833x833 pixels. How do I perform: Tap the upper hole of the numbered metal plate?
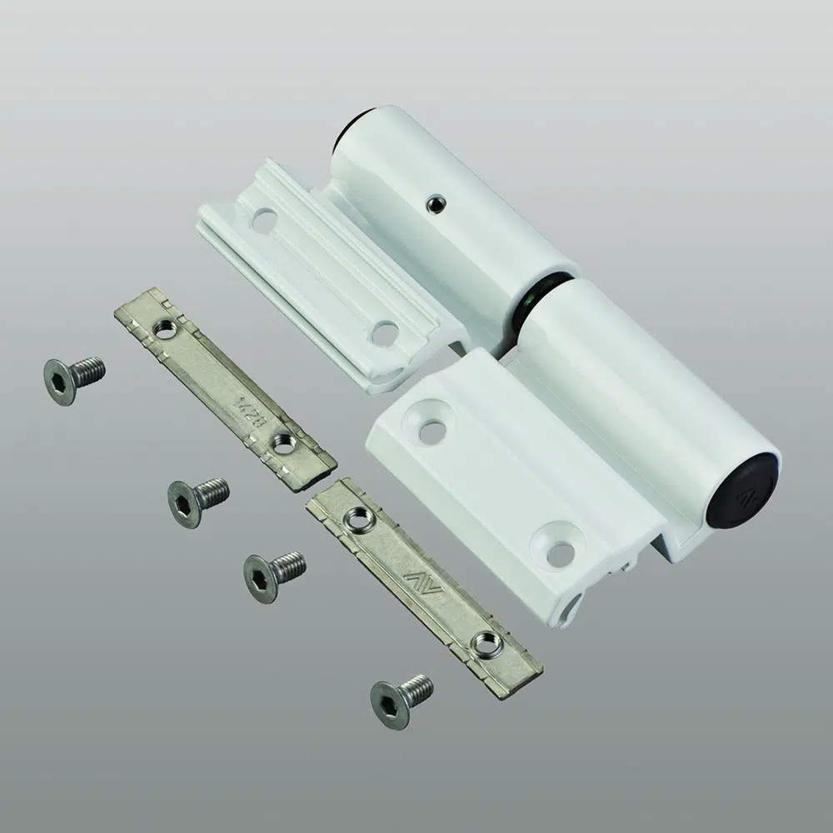(x=165, y=329)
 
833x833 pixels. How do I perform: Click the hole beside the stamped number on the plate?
(x=283, y=444)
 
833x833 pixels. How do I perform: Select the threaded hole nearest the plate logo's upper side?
(x=359, y=519)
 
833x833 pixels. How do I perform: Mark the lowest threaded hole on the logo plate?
(x=486, y=642)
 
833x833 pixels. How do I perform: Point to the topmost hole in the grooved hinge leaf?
(x=264, y=222)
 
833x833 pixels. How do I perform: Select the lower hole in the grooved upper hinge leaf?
(x=383, y=333)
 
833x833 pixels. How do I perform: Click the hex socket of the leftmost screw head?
(x=59, y=385)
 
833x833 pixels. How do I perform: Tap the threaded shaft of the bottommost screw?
(x=416, y=688)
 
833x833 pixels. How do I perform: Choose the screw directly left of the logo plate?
(x=272, y=575)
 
